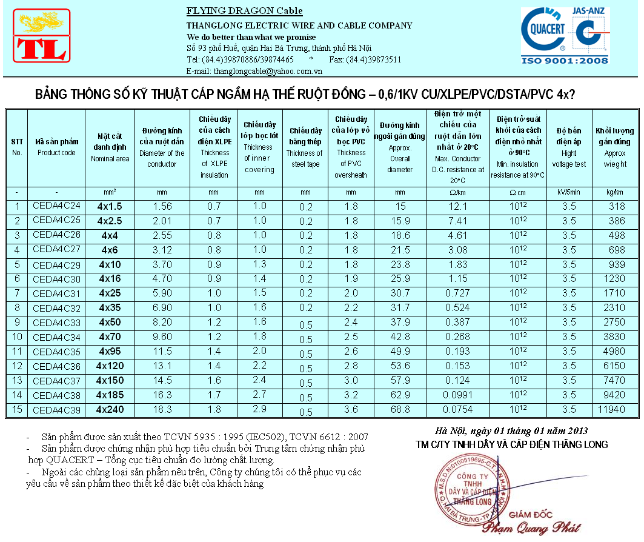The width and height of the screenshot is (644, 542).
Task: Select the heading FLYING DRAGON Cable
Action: tap(244, 11)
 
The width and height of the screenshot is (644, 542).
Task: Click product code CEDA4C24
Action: tap(56, 206)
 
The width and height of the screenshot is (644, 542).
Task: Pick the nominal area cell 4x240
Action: tap(110, 410)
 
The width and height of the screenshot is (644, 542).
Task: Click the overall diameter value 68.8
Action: tap(399, 410)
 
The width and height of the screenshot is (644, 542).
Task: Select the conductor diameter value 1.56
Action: tap(162, 206)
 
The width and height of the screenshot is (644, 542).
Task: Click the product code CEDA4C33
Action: tap(56, 323)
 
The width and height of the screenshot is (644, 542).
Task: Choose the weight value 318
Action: tap(616, 206)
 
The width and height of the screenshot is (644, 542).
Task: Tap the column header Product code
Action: tap(56, 147)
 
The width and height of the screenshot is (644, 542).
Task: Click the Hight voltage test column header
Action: tap(568, 147)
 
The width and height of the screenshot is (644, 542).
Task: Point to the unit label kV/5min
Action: tap(568, 192)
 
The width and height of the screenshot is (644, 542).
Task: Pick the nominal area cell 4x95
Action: tap(110, 352)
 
